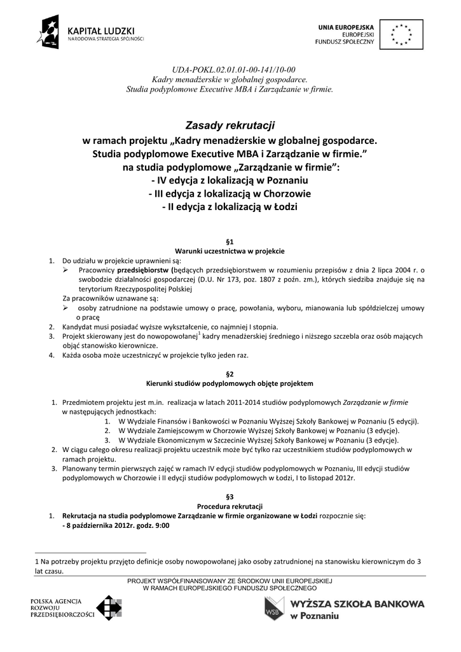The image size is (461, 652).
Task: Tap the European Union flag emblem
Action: (401, 33)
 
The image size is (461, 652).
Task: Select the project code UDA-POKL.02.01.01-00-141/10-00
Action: (230, 69)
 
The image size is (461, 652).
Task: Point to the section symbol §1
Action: (230, 242)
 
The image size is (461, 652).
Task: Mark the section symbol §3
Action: (230, 497)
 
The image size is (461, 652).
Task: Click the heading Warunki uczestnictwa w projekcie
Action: (230, 252)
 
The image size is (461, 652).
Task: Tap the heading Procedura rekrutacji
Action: (230, 506)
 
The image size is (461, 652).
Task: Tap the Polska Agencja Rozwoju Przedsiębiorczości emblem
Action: (107, 608)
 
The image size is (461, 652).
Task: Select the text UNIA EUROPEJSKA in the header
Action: (347, 26)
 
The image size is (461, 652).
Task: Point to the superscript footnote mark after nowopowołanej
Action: (199, 333)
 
